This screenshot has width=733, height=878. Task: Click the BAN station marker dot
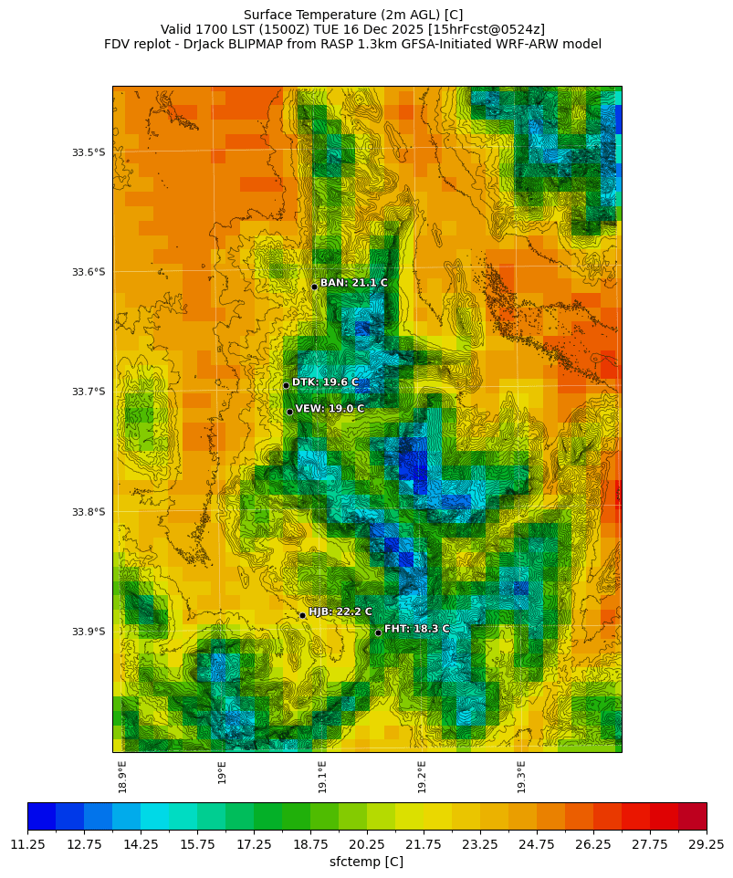pos(314,287)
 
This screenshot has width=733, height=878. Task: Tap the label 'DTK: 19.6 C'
pos(325,382)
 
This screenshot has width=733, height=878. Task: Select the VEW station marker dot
pos(289,412)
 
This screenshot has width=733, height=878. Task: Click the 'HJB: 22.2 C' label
pos(340,611)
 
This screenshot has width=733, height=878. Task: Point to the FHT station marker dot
pos(378,632)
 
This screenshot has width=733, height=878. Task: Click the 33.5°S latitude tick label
pos(89,152)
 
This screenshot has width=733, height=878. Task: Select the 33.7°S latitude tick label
pos(89,392)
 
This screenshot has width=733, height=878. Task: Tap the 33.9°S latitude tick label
pos(89,632)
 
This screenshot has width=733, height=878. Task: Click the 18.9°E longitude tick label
pos(122,776)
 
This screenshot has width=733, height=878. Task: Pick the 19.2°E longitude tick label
pos(422,776)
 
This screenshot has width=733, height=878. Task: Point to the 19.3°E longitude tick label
pos(521,776)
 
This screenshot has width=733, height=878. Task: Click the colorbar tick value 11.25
pos(28,845)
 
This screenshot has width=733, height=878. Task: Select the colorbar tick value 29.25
pos(706,845)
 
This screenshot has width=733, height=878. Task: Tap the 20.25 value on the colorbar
pos(367,845)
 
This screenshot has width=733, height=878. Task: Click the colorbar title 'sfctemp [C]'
pos(366,862)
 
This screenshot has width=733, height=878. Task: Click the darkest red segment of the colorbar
pos(692,816)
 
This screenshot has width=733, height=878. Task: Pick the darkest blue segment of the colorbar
pos(42,816)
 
